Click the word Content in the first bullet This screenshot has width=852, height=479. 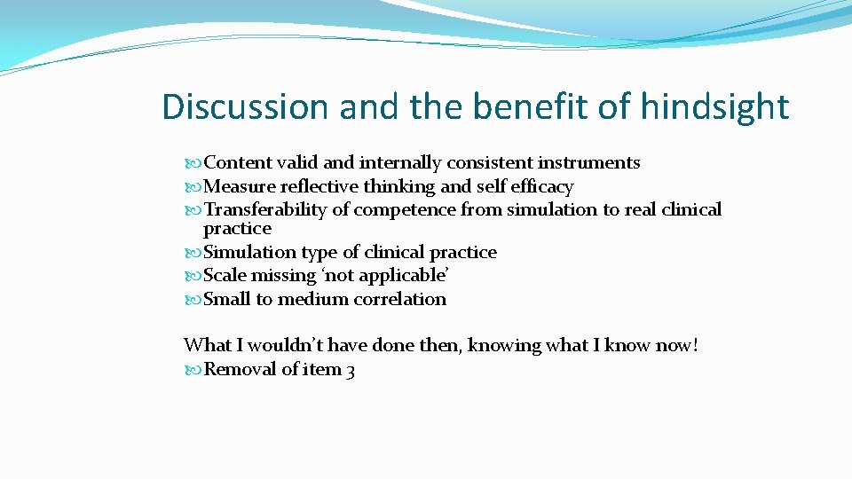tap(237, 162)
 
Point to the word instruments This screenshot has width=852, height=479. tap(588, 162)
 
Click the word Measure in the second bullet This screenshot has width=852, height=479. tap(240, 186)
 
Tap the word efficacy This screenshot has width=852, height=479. tap(541, 186)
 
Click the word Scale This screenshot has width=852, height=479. tap(226, 275)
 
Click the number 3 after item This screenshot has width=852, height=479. tap(351, 370)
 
